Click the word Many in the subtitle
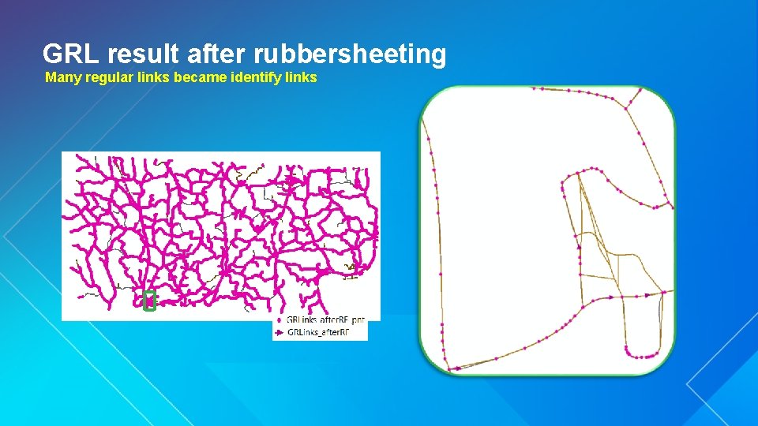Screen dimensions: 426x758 61,77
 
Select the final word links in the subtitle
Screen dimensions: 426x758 301,77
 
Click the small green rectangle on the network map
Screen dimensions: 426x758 149,301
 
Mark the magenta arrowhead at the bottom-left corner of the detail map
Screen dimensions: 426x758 457,367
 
